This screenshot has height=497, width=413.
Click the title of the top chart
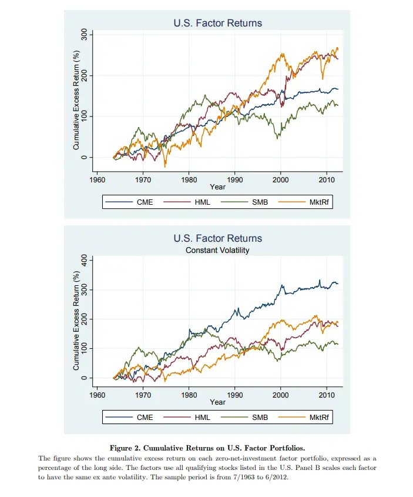click(217, 24)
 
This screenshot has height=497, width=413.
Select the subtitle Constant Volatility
click(217, 250)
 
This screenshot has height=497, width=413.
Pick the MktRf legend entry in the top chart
click(317, 202)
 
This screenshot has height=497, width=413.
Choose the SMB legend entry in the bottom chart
click(260, 418)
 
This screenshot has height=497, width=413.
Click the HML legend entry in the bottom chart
click(202, 418)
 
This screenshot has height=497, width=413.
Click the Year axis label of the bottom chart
click(217, 402)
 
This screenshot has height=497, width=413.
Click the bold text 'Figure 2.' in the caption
click(133, 448)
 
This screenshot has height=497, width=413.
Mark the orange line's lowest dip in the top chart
click(166, 166)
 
